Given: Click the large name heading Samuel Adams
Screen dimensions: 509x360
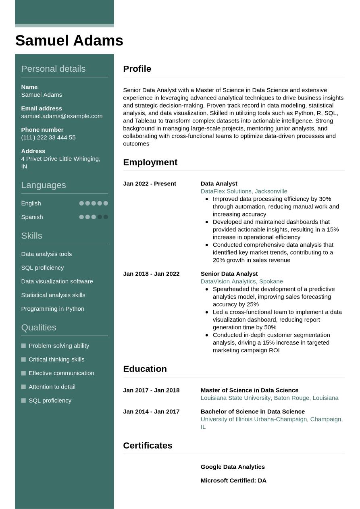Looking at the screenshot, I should tap(69, 41).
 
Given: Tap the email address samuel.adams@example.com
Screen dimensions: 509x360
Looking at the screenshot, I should tap(62, 116).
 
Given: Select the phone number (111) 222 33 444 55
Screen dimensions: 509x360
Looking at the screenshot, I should tap(48, 137).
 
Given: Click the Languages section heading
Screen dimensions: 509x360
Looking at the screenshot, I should tap(43, 185).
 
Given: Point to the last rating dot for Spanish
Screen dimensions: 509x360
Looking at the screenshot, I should tap(106, 217).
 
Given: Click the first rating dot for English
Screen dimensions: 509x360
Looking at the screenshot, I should tap(81, 203).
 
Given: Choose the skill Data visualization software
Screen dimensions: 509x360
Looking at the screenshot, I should tap(57, 281).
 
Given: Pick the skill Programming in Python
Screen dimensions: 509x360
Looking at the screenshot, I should tap(52, 309).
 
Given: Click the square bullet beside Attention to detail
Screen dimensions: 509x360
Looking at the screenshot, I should tap(23, 387).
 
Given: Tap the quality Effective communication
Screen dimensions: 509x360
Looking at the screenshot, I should tap(61, 373).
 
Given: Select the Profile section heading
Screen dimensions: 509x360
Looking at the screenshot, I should tap(137, 69).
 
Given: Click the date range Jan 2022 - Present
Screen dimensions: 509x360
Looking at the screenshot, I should tap(150, 184).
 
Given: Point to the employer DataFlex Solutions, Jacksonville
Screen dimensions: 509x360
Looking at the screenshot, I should tap(244, 191).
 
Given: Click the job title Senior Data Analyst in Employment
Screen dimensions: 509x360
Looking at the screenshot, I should tap(229, 274).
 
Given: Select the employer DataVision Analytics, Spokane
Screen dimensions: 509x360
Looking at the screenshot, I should tap(242, 282).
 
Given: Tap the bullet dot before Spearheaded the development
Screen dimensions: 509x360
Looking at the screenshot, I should tap(207, 289).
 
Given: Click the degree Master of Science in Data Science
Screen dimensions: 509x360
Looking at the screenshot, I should tap(250, 391).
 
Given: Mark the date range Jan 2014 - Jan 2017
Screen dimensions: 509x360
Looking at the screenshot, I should tap(151, 412).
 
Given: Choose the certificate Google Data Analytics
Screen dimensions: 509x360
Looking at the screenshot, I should tap(233, 467).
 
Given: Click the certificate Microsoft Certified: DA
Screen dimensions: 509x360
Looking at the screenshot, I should tap(233, 481).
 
